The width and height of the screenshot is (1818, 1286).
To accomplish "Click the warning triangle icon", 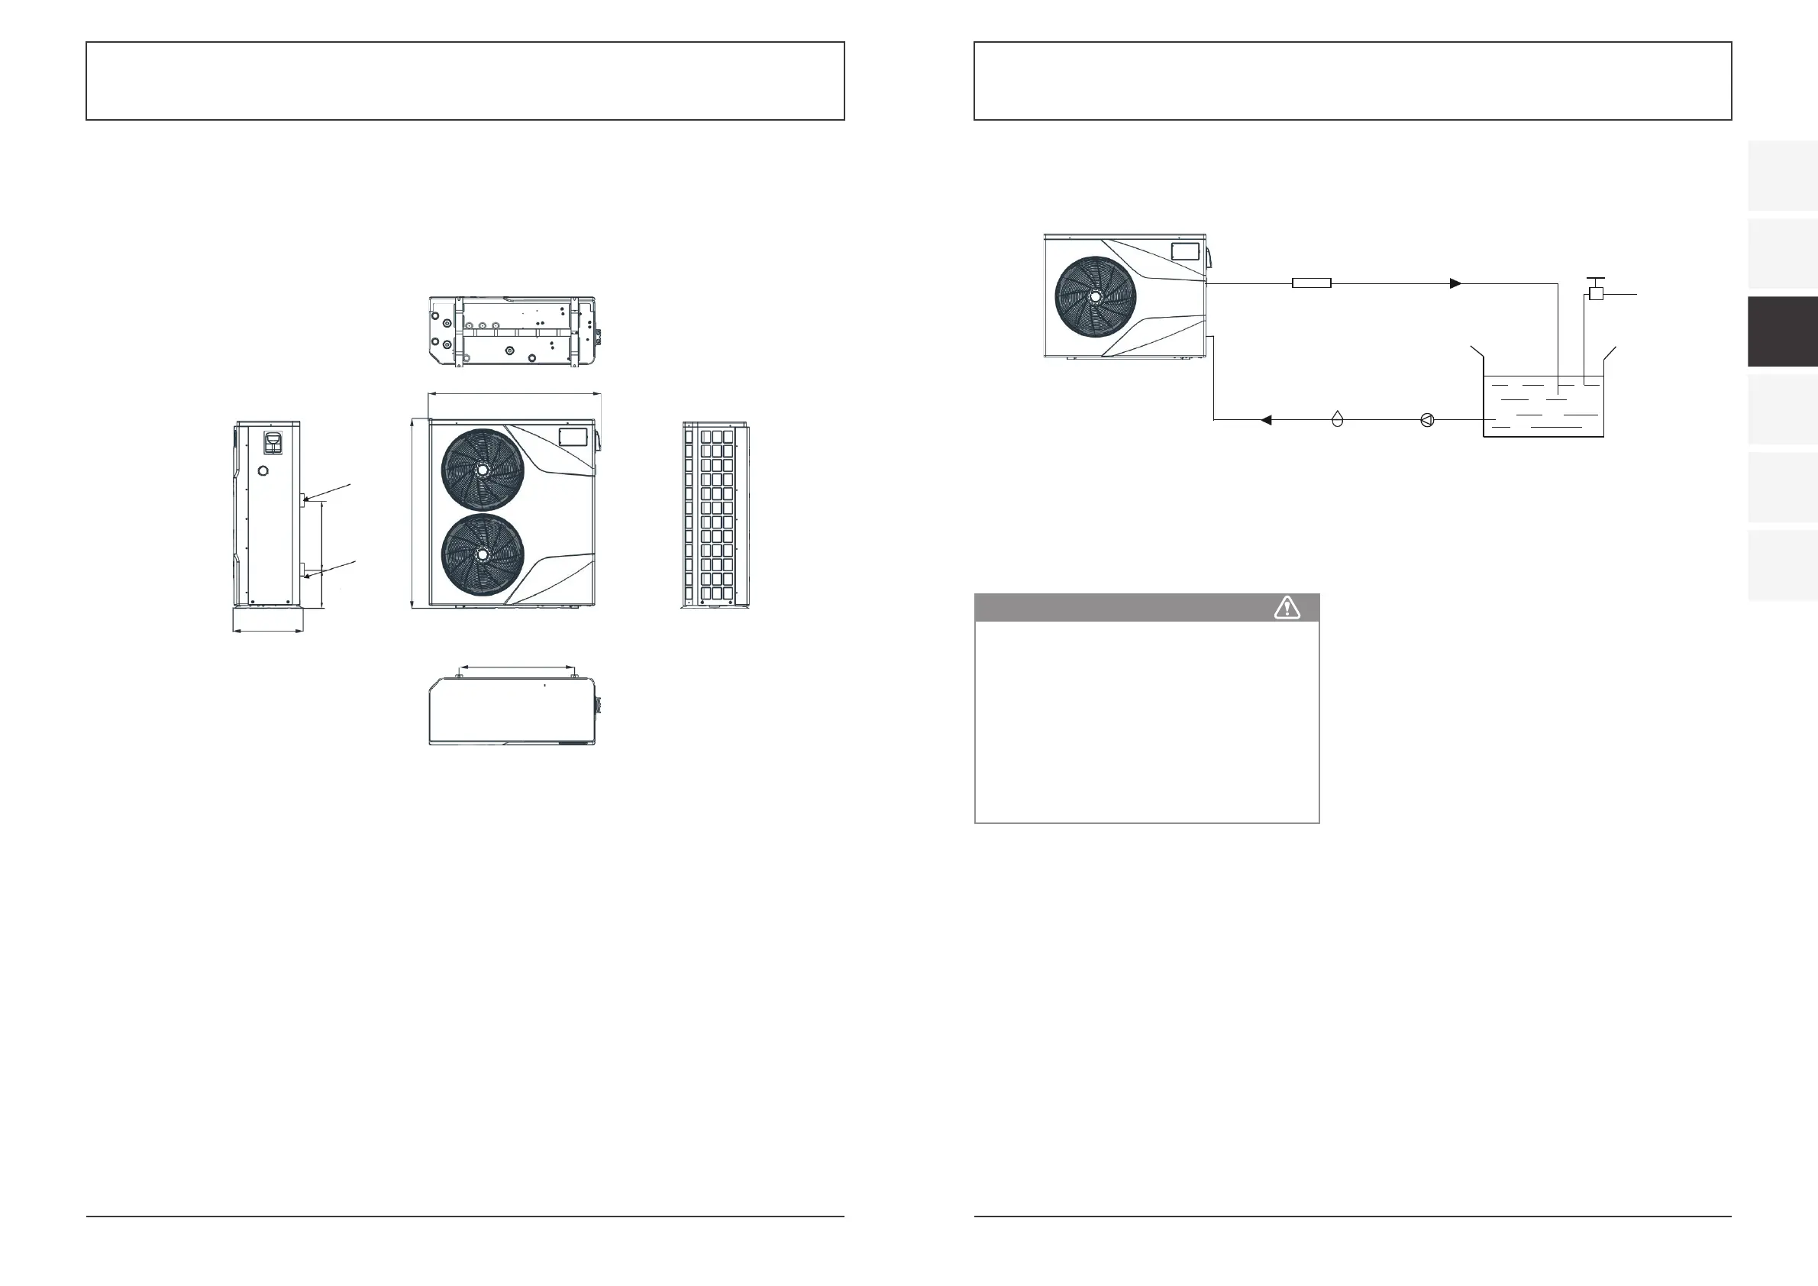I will click(1287, 607).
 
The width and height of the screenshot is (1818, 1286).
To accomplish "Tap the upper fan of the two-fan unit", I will click(483, 470).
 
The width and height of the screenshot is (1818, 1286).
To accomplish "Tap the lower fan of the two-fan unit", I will click(483, 554).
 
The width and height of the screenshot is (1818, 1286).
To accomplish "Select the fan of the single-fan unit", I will click(1095, 296).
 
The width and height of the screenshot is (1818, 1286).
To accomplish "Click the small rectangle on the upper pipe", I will click(1311, 283).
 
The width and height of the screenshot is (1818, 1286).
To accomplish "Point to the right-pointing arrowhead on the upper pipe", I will click(1455, 283).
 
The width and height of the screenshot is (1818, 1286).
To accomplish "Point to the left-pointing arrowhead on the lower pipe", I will click(1266, 420).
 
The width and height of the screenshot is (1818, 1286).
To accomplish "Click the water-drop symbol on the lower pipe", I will click(1338, 419).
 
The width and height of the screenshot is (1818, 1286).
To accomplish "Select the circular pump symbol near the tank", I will click(1427, 420).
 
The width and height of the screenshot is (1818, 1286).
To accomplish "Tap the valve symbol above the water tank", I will click(1596, 293).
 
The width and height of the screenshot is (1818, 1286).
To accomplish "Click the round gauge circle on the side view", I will click(263, 472).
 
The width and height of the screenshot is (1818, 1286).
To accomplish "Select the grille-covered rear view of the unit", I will click(715, 515).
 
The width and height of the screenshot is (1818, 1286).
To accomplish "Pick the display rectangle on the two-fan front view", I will click(573, 436).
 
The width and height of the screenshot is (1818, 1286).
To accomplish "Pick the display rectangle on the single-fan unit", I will click(1185, 252).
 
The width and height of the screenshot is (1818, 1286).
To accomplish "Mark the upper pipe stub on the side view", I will click(302, 498).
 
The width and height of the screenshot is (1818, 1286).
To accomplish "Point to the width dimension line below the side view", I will click(268, 631).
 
